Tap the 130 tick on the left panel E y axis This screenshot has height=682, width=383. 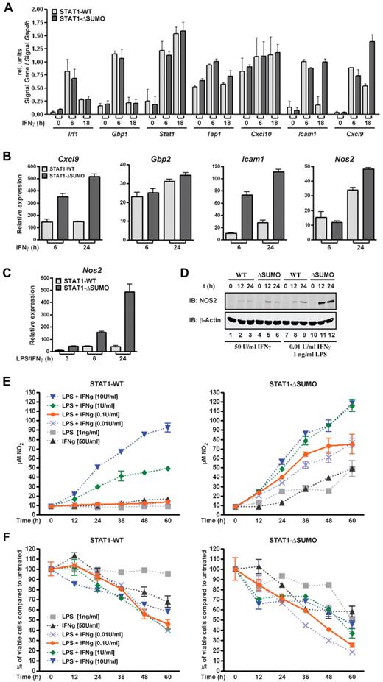pyautogui.click(x=42, y=384)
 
